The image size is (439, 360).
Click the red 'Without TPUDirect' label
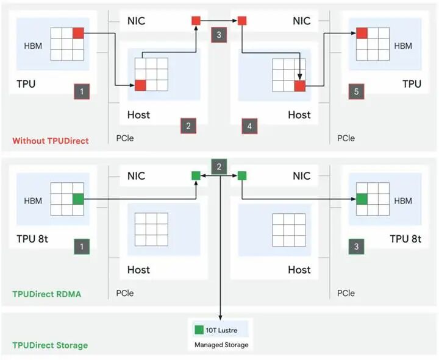coord(50,141)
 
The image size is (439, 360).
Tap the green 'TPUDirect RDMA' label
coord(46,294)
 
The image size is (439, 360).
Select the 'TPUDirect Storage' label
coord(50,345)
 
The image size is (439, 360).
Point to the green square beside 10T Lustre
coord(198,331)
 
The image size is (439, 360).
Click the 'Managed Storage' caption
coord(221,345)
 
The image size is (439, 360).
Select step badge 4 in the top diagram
coord(249,126)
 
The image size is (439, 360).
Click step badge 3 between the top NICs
coord(219,35)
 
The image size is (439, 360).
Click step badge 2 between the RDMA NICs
coord(219,166)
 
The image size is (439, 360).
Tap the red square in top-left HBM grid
coord(78,33)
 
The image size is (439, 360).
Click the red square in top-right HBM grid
coord(362,33)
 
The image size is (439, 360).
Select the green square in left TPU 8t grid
coord(78,199)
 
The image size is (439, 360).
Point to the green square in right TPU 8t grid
coord(362,199)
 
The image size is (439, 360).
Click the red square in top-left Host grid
coord(141,85)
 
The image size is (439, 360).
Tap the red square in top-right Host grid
coord(299,85)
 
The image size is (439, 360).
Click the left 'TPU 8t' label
coord(32,239)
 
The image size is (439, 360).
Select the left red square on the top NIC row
coord(196,21)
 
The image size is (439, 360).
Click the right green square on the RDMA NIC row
coord(242,175)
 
